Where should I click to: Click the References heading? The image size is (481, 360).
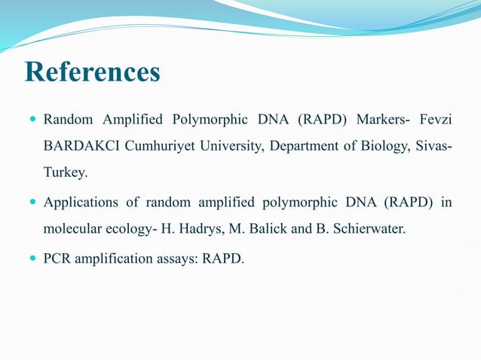click(93, 73)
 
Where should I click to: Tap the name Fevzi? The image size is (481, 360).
click(435, 119)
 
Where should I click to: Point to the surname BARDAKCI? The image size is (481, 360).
click(78, 146)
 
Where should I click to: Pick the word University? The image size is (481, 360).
click(230, 146)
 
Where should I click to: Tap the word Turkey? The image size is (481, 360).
click(64, 173)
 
